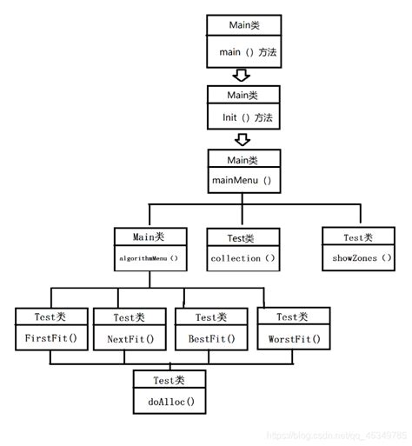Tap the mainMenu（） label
pos(243,181)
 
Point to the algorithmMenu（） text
pos(149,258)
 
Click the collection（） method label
pos(243,258)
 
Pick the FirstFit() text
pos(50,339)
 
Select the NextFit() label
pos(130,339)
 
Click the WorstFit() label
pos(293,339)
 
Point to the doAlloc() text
pos(169,401)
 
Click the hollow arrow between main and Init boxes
pos(243,74)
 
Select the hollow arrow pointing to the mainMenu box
pos(243,139)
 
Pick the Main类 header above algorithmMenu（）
pos(149,236)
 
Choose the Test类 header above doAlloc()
pos(169,379)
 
